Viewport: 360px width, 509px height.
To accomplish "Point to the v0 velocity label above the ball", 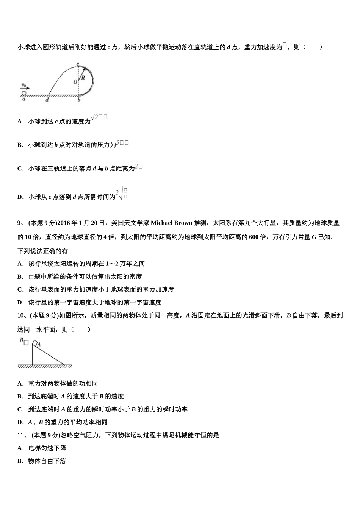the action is [24, 85].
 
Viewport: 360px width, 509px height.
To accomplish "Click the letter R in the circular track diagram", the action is [83, 77].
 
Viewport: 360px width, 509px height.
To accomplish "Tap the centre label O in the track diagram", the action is [75, 82].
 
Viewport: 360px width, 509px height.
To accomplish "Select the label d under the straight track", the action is [47, 100].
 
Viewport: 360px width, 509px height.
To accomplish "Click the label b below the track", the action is [78, 100].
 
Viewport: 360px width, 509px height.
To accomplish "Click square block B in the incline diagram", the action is [26, 342].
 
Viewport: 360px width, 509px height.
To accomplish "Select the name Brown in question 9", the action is [184, 223].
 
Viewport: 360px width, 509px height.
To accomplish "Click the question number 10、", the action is [22, 315].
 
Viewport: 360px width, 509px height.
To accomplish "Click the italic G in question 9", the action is [314, 237].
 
